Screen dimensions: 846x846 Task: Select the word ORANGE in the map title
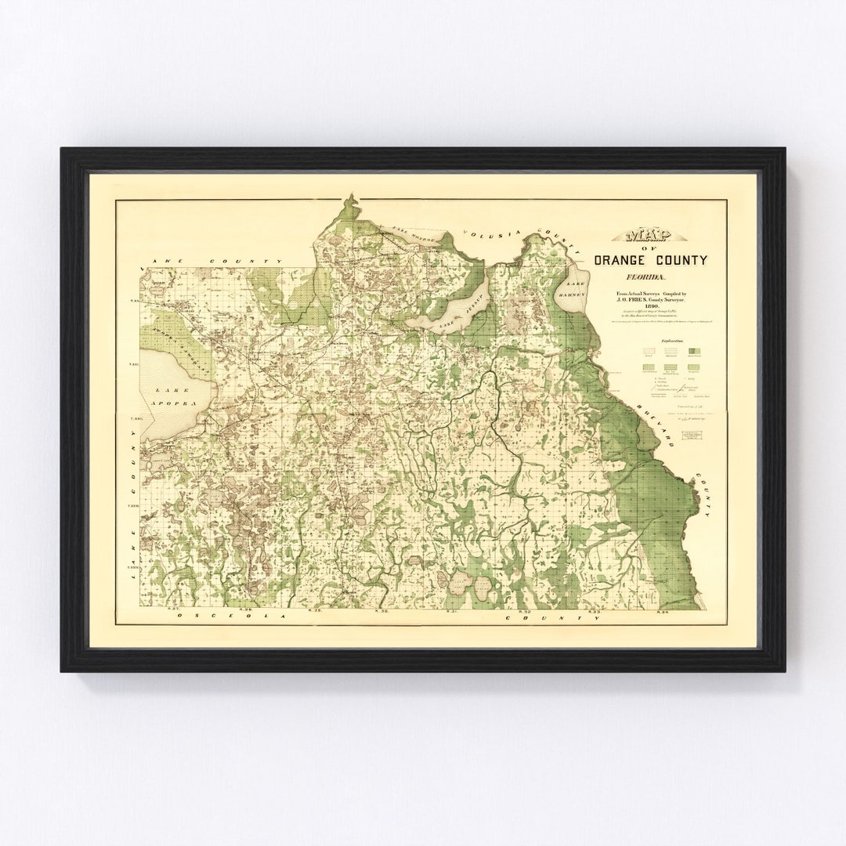(x=623, y=261)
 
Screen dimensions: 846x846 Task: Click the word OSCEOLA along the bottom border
(x=227, y=617)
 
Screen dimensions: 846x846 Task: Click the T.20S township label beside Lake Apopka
(x=135, y=365)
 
